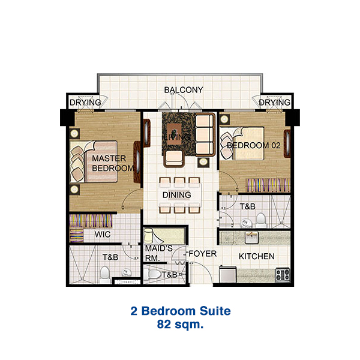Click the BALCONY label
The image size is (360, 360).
(x=184, y=90)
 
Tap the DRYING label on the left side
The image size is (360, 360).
(x=85, y=103)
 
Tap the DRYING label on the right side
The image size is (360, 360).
(x=275, y=103)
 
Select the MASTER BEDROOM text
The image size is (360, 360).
(x=112, y=163)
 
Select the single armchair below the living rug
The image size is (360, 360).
(x=174, y=158)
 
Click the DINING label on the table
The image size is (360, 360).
(x=176, y=195)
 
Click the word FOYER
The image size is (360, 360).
(x=202, y=254)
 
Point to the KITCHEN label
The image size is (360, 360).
(x=256, y=256)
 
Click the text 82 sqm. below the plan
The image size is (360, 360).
(x=180, y=325)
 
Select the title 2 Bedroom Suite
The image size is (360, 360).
(x=180, y=311)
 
